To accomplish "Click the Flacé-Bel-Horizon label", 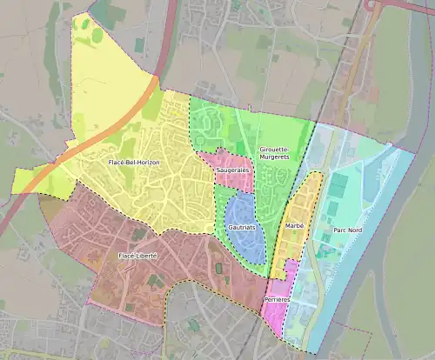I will (x=133, y=163).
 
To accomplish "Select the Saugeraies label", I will (x=232, y=170).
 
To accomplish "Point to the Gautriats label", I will (x=242, y=227).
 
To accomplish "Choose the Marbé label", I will (x=293, y=225).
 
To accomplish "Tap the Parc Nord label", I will (x=348, y=231).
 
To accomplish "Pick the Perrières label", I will (x=277, y=299).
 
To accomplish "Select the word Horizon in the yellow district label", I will (x=147, y=163).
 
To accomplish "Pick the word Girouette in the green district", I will (x=276, y=150).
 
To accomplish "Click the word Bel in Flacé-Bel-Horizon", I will (x=129, y=163).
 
